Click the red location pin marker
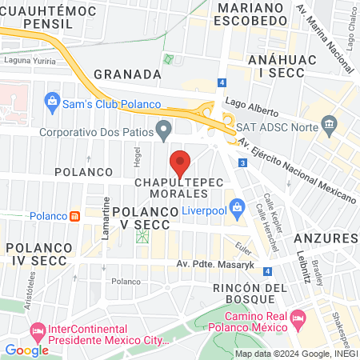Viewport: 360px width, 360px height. (x=181, y=163)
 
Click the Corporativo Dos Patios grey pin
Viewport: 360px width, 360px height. (x=165, y=128)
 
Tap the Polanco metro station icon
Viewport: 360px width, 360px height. (x=74, y=216)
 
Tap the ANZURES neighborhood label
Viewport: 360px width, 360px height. (x=320, y=238)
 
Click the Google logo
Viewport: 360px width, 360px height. (x=27, y=350)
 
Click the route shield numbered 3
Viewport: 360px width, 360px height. (x=242, y=163)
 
